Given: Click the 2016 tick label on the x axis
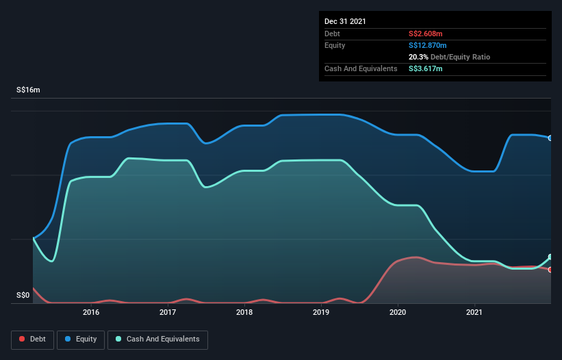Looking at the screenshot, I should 91,313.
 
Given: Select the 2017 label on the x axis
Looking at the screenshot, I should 168,313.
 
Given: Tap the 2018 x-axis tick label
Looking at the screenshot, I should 244,313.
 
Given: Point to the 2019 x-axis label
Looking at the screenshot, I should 321,313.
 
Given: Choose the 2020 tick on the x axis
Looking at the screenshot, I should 398,313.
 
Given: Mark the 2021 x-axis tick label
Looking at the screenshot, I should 474,313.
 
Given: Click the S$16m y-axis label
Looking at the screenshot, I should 28,90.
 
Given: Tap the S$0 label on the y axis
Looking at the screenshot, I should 23,296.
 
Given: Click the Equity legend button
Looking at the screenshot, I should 80,339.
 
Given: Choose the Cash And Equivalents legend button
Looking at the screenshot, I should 157,339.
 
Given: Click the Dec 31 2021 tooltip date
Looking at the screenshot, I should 345,21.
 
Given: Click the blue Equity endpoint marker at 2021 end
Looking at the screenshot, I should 550,138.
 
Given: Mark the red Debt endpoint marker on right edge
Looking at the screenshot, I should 550,270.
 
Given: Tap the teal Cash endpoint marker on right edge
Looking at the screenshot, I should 550,257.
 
